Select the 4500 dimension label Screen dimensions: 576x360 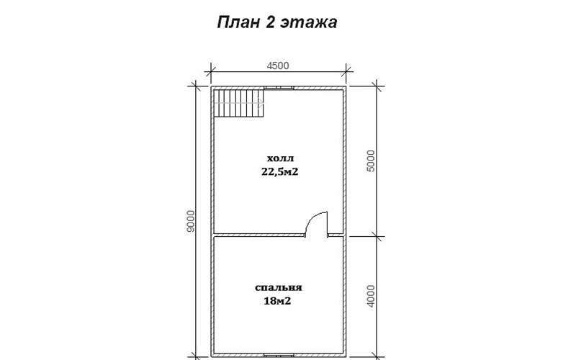click(278, 66)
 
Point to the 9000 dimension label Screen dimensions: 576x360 click(190, 221)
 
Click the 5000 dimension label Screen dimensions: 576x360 click(371, 161)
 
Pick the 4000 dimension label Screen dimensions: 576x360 click(371, 296)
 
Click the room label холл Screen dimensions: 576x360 click(280, 158)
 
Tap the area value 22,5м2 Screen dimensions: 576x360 click(280, 171)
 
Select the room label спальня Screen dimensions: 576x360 click(279, 287)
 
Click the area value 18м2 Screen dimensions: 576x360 click(277, 301)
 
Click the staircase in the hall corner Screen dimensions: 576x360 click(239, 103)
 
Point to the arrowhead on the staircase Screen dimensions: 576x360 click(261, 103)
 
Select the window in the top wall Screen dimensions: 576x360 click(279, 88)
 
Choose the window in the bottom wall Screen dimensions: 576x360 click(279, 355)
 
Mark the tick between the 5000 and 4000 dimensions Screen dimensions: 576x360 click(376, 236)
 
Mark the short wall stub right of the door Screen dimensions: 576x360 click(336, 235)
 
